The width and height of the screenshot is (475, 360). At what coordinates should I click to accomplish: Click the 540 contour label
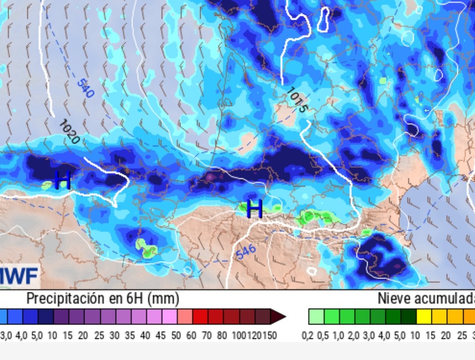[x=85, y=88]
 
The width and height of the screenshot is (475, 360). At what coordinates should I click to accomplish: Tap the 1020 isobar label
[x=69, y=132]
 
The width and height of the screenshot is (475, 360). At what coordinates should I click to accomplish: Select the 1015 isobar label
[x=296, y=100]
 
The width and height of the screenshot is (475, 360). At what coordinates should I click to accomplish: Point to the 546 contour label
[x=246, y=252]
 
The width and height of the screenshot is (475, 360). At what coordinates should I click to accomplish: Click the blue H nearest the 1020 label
[x=62, y=180]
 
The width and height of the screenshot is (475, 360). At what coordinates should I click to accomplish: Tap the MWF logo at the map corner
[x=19, y=276]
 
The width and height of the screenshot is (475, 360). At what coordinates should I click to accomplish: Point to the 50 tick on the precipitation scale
[x=176, y=336]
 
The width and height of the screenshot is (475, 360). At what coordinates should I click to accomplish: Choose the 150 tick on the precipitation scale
[x=270, y=336]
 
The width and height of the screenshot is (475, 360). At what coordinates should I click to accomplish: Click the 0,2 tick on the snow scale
[x=307, y=336]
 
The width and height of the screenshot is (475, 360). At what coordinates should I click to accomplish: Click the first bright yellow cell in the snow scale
[x=424, y=316]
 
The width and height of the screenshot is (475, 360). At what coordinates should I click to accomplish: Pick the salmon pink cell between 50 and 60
[x=184, y=316]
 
